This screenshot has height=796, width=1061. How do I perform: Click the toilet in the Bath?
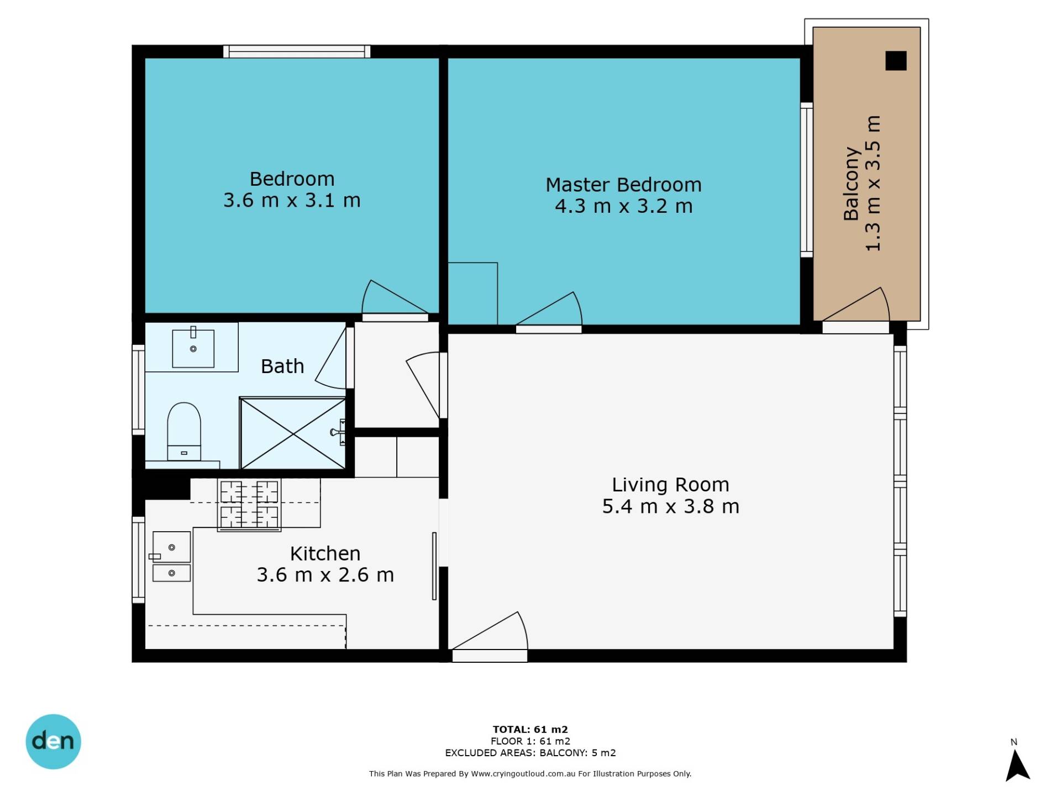[x=184, y=431]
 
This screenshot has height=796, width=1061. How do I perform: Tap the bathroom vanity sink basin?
[x=193, y=348]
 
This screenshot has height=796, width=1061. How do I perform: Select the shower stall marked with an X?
[x=293, y=433]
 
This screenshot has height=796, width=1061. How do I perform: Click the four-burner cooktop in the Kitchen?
[x=249, y=505]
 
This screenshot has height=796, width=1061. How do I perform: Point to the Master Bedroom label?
[x=623, y=185]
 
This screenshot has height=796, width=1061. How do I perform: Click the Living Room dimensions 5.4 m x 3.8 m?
[x=670, y=506]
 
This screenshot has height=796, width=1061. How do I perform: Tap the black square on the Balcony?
[x=896, y=61]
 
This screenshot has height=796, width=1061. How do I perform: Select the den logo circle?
[x=53, y=741]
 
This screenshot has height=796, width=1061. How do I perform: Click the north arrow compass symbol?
[x=1017, y=765]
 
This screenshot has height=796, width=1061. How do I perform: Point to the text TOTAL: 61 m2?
[x=530, y=729]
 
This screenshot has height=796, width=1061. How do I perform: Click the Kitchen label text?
[x=325, y=553]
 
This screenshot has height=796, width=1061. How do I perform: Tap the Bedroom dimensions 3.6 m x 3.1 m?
[x=292, y=200]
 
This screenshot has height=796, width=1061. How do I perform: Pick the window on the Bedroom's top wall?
[x=297, y=51]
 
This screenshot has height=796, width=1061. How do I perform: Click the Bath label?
[x=282, y=366]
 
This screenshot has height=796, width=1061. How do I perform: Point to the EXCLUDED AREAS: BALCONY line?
[x=530, y=753]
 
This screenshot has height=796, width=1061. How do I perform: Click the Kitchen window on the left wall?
[x=138, y=559]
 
